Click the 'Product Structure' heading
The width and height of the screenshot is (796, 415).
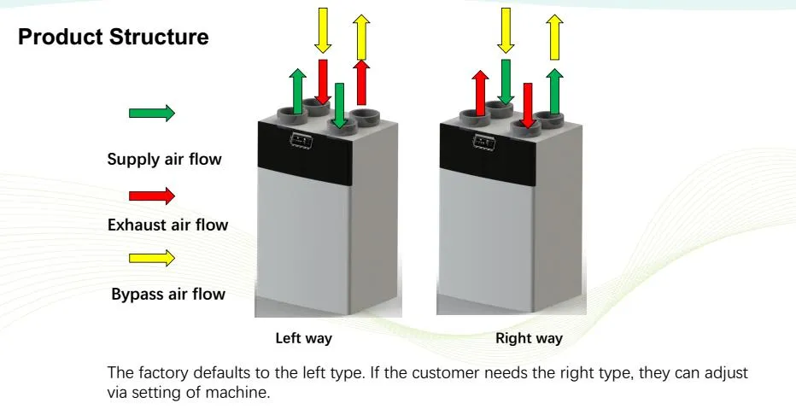click(x=114, y=38)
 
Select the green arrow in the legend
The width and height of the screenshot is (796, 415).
click(x=151, y=113)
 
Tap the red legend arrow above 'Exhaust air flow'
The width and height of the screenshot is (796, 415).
click(x=151, y=196)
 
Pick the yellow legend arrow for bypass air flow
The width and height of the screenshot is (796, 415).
click(x=151, y=257)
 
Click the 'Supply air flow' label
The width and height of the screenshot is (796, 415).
click(x=164, y=159)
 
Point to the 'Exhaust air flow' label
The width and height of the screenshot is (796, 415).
click(x=167, y=225)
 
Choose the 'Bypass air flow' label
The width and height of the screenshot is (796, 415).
click(x=168, y=295)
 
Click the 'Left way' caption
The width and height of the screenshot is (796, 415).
click(x=303, y=338)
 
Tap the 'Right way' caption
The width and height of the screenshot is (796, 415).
click(x=529, y=338)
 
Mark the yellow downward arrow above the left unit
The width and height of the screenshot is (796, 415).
click(x=322, y=28)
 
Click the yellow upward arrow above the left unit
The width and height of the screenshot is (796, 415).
click(x=361, y=37)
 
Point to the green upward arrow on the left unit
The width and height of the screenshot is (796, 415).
click(x=298, y=91)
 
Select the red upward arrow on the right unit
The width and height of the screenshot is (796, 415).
click(x=480, y=91)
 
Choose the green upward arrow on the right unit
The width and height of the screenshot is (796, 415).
click(x=555, y=91)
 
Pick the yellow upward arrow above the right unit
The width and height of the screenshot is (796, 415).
click(x=555, y=37)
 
